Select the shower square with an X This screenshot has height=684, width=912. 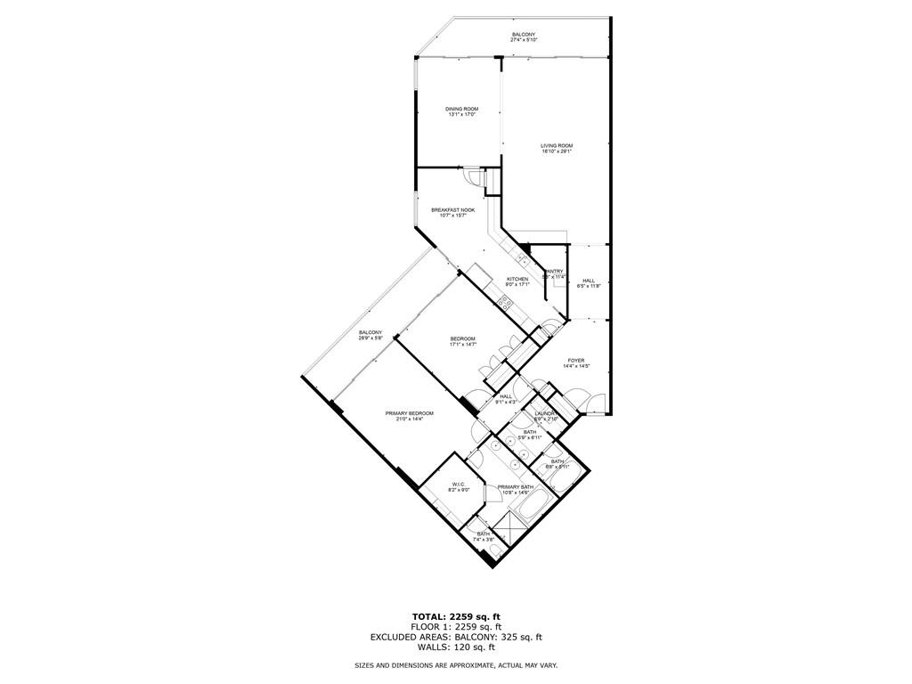coord(512,532)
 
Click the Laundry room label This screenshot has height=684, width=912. coord(546,414)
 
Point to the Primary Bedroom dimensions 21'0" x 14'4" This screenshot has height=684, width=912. coord(410,419)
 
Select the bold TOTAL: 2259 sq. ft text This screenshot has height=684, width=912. coord(455,616)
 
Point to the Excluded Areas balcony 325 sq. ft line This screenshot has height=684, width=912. coord(455,637)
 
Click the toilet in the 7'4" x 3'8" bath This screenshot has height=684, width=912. coord(495,554)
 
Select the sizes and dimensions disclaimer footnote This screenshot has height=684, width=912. coord(455,666)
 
